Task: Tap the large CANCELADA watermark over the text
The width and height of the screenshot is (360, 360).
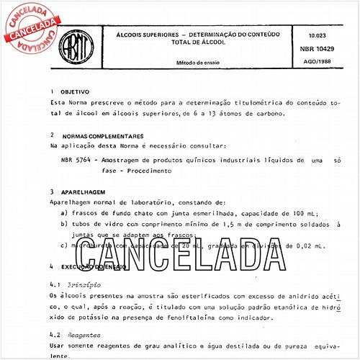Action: [189, 251]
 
